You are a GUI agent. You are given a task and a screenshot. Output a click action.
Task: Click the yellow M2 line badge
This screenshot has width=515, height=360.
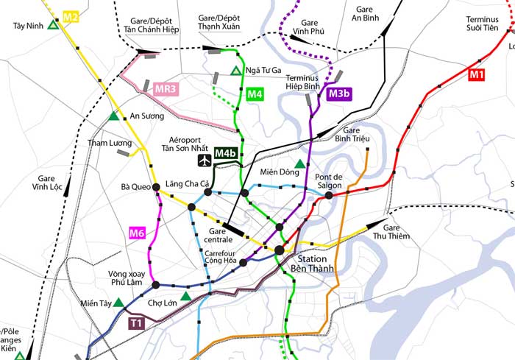pos(71,15)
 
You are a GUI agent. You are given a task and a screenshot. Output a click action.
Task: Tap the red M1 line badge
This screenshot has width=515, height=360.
pos(477,74)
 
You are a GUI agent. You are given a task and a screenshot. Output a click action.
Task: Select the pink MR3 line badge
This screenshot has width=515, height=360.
pos(166,89)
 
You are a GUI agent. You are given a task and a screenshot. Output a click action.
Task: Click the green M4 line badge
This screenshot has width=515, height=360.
pos(255,94)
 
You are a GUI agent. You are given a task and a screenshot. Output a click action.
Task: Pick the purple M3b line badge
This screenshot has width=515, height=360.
pos(339,93)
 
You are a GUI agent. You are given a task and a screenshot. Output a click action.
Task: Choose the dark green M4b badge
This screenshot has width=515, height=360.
pos(227,153)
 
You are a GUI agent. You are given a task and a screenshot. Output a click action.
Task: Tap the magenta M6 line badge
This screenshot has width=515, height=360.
pos(137,234)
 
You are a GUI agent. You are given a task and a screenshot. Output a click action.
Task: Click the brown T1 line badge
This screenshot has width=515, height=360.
pos(136,322)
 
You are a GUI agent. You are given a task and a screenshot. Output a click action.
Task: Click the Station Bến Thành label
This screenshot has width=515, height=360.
pos(316,264)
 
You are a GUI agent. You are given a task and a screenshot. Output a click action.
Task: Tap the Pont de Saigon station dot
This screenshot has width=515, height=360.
pos(329,195)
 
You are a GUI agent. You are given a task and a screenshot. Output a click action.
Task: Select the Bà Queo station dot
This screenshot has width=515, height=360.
pos(156,187)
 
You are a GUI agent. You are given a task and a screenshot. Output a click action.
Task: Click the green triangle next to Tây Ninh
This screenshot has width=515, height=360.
pos(53,25)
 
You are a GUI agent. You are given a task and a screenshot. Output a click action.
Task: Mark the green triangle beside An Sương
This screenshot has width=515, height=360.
pos(113,116)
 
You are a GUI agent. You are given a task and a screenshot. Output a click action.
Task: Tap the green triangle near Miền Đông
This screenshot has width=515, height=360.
pos(299,163)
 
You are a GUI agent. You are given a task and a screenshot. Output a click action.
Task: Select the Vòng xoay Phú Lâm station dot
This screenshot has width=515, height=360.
pos(156,285)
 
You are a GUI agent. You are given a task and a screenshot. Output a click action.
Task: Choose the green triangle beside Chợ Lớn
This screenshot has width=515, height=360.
pos(185,296)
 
